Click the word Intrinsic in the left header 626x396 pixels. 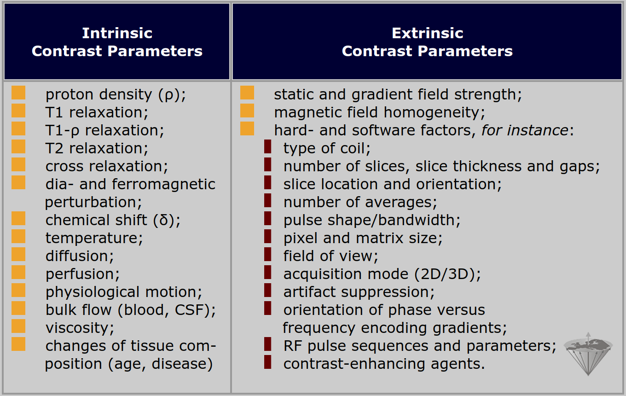[x=117, y=33]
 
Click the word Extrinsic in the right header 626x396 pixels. [x=427, y=33]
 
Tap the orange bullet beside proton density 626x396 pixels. [x=18, y=93]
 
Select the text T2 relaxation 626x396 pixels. [x=97, y=148]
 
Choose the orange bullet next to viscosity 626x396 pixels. [x=18, y=326]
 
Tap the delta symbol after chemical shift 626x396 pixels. [x=164, y=220]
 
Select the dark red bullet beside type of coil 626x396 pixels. [x=268, y=146]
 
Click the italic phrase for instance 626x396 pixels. [x=525, y=130]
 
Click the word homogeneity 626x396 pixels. [x=435, y=113]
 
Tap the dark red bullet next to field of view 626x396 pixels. [x=268, y=254]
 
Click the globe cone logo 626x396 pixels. [x=588, y=354]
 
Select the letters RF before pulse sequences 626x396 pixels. [x=293, y=346]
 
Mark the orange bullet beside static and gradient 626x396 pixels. [x=247, y=93]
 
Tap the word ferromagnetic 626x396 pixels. [x=163, y=185]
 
